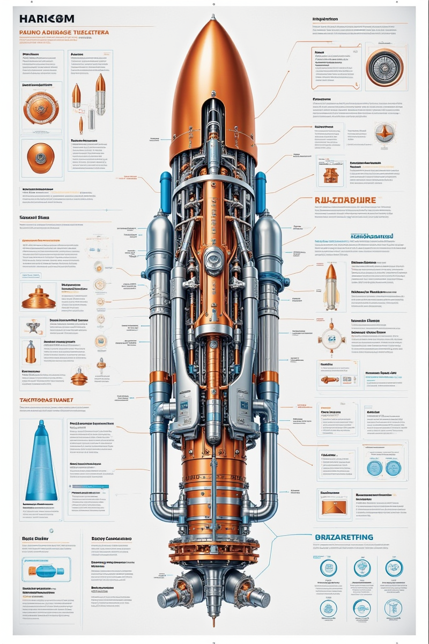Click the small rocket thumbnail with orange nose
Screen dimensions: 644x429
pyautogui.click(x=331, y=286)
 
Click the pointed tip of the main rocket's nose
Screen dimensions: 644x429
pyautogui.click(x=213, y=16)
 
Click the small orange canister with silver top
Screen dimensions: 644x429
pyautogui.click(x=31, y=352)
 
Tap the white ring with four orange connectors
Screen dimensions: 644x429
pyautogui.click(x=330, y=339)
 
